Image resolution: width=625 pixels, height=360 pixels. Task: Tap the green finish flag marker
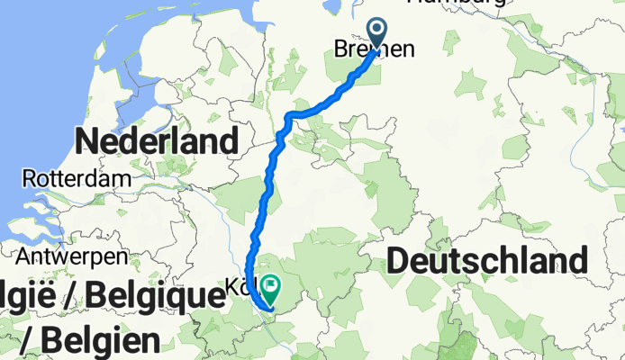(269, 289)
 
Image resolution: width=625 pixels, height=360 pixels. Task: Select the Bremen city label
(375, 50)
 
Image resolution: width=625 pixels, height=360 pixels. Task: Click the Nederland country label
(159, 141)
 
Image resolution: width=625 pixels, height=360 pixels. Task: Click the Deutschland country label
(488, 261)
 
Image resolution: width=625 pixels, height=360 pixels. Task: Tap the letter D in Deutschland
(400, 261)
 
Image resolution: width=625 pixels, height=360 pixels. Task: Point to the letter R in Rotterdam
(32, 178)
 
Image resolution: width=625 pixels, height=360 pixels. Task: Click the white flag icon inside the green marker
(269, 287)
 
